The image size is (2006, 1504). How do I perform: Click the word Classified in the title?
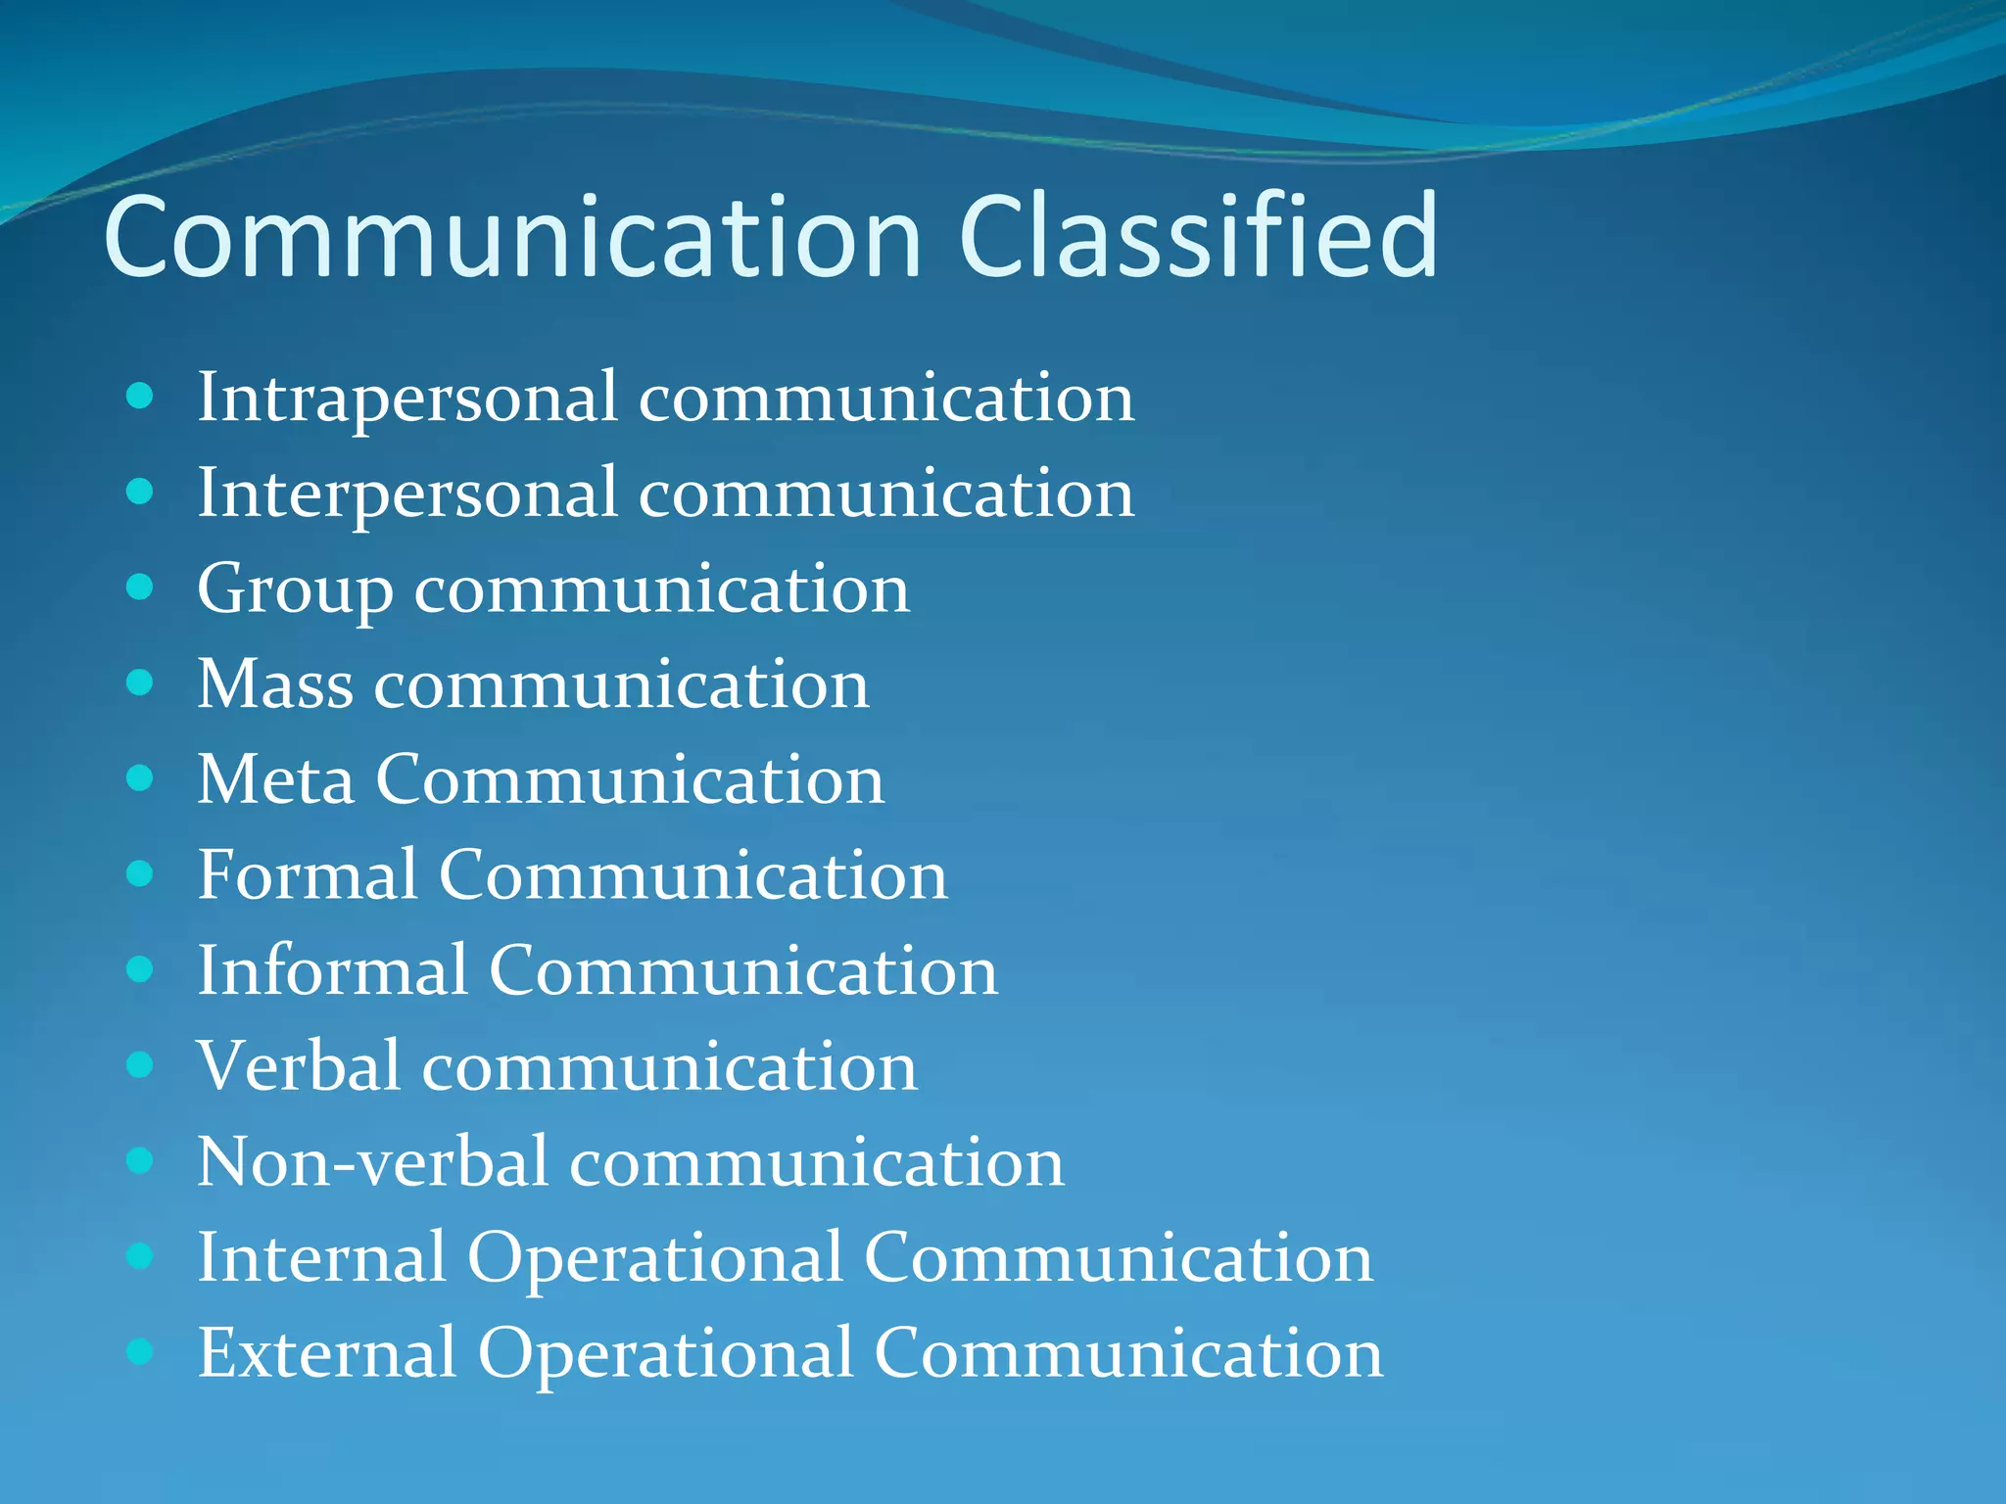tap(1197, 237)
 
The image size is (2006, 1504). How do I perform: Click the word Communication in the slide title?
tap(512, 237)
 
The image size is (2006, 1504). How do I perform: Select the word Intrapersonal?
tap(407, 399)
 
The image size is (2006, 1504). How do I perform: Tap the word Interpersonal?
tap(407, 493)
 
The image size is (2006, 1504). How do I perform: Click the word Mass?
tap(275, 683)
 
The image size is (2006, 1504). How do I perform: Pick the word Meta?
tap(275, 779)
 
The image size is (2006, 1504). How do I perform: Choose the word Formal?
tap(308, 874)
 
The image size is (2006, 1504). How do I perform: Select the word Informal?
tap(333, 970)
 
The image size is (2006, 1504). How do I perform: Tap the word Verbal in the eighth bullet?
tap(299, 1065)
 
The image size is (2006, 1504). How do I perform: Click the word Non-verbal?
tap(372, 1162)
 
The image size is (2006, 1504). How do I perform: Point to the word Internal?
tap(322, 1257)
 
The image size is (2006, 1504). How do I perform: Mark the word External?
tap(327, 1353)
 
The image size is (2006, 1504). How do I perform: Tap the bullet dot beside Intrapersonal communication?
tap(141, 397)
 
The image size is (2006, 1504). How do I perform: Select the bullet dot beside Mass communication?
tap(141, 682)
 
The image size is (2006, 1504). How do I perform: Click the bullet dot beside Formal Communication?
tap(141, 873)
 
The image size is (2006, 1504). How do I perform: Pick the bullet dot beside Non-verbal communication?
tap(141, 1160)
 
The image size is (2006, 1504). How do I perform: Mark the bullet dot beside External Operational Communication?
tap(141, 1351)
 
